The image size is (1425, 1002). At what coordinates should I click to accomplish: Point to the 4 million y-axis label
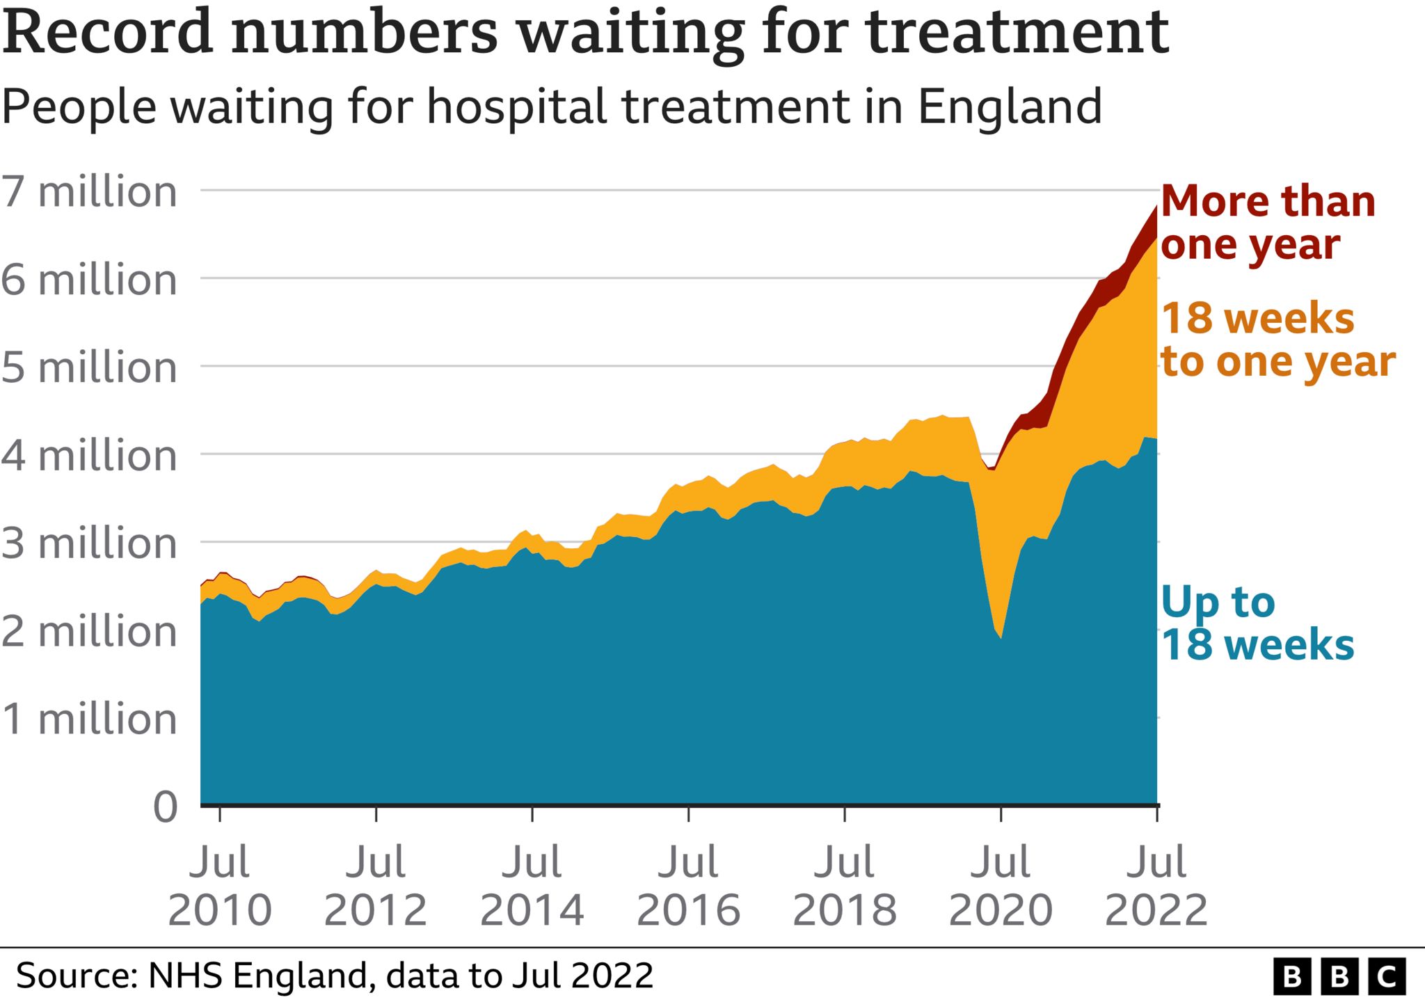point(89,456)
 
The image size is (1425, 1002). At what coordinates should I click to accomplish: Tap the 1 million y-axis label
point(89,719)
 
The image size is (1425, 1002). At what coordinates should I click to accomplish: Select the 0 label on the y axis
point(166,807)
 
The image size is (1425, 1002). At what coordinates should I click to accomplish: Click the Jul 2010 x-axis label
point(219,885)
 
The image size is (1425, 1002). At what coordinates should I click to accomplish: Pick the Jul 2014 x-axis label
point(532,885)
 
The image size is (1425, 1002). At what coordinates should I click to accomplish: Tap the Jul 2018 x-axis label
point(844,885)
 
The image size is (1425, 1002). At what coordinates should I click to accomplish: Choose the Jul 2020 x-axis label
point(1001,885)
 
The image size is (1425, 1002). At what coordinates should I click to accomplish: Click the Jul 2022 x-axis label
point(1156,885)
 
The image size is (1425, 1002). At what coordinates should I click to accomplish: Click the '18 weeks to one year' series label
point(1277,340)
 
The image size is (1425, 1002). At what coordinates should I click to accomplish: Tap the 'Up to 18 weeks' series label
point(1257,623)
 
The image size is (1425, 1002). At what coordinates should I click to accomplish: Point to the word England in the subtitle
point(1010,107)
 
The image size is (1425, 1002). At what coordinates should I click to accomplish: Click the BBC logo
point(1339,976)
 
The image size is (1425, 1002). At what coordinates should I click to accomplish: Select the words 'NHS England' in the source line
point(257,976)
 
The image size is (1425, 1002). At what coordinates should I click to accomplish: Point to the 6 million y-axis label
point(89,280)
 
